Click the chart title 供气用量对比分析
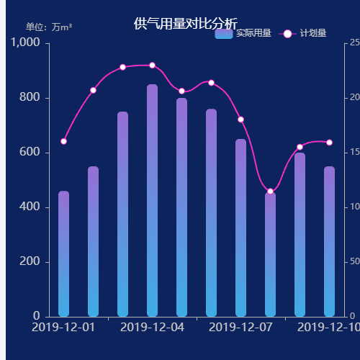(x=185, y=24)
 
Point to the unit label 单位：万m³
(x=49, y=27)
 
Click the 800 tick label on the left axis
(x=32, y=98)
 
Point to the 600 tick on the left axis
(x=32, y=153)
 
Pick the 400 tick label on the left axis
(x=32, y=207)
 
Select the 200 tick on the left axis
(x=32, y=261)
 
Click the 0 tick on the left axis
(x=37, y=316)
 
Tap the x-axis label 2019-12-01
(x=63, y=328)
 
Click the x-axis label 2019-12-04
(x=152, y=328)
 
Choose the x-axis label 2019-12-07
(x=240, y=328)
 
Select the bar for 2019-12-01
(x=63, y=253)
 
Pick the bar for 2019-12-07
(x=240, y=228)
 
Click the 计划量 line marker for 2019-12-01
(x=63, y=141)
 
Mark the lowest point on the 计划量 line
(x=270, y=192)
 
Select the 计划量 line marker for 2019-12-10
(x=329, y=143)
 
